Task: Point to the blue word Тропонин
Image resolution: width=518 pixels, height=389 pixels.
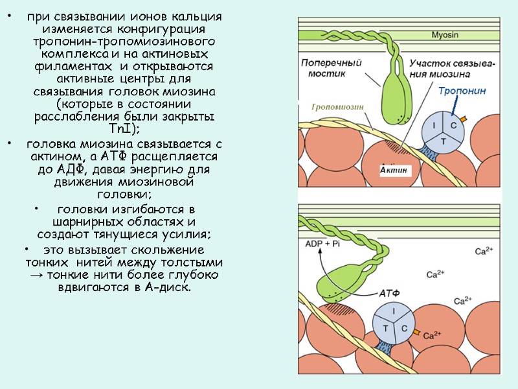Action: (462, 91)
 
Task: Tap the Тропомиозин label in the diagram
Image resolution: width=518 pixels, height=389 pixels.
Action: (336, 107)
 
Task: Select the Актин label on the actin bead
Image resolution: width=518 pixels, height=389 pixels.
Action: (394, 170)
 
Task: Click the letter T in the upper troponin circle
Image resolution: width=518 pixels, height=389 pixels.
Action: (443, 140)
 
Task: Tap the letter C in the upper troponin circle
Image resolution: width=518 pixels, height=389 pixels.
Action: (453, 124)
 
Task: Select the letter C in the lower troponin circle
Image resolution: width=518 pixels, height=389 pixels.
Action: (405, 329)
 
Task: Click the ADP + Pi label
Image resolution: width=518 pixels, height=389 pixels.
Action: (322, 244)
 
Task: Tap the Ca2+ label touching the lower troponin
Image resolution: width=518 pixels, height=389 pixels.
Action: (432, 336)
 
